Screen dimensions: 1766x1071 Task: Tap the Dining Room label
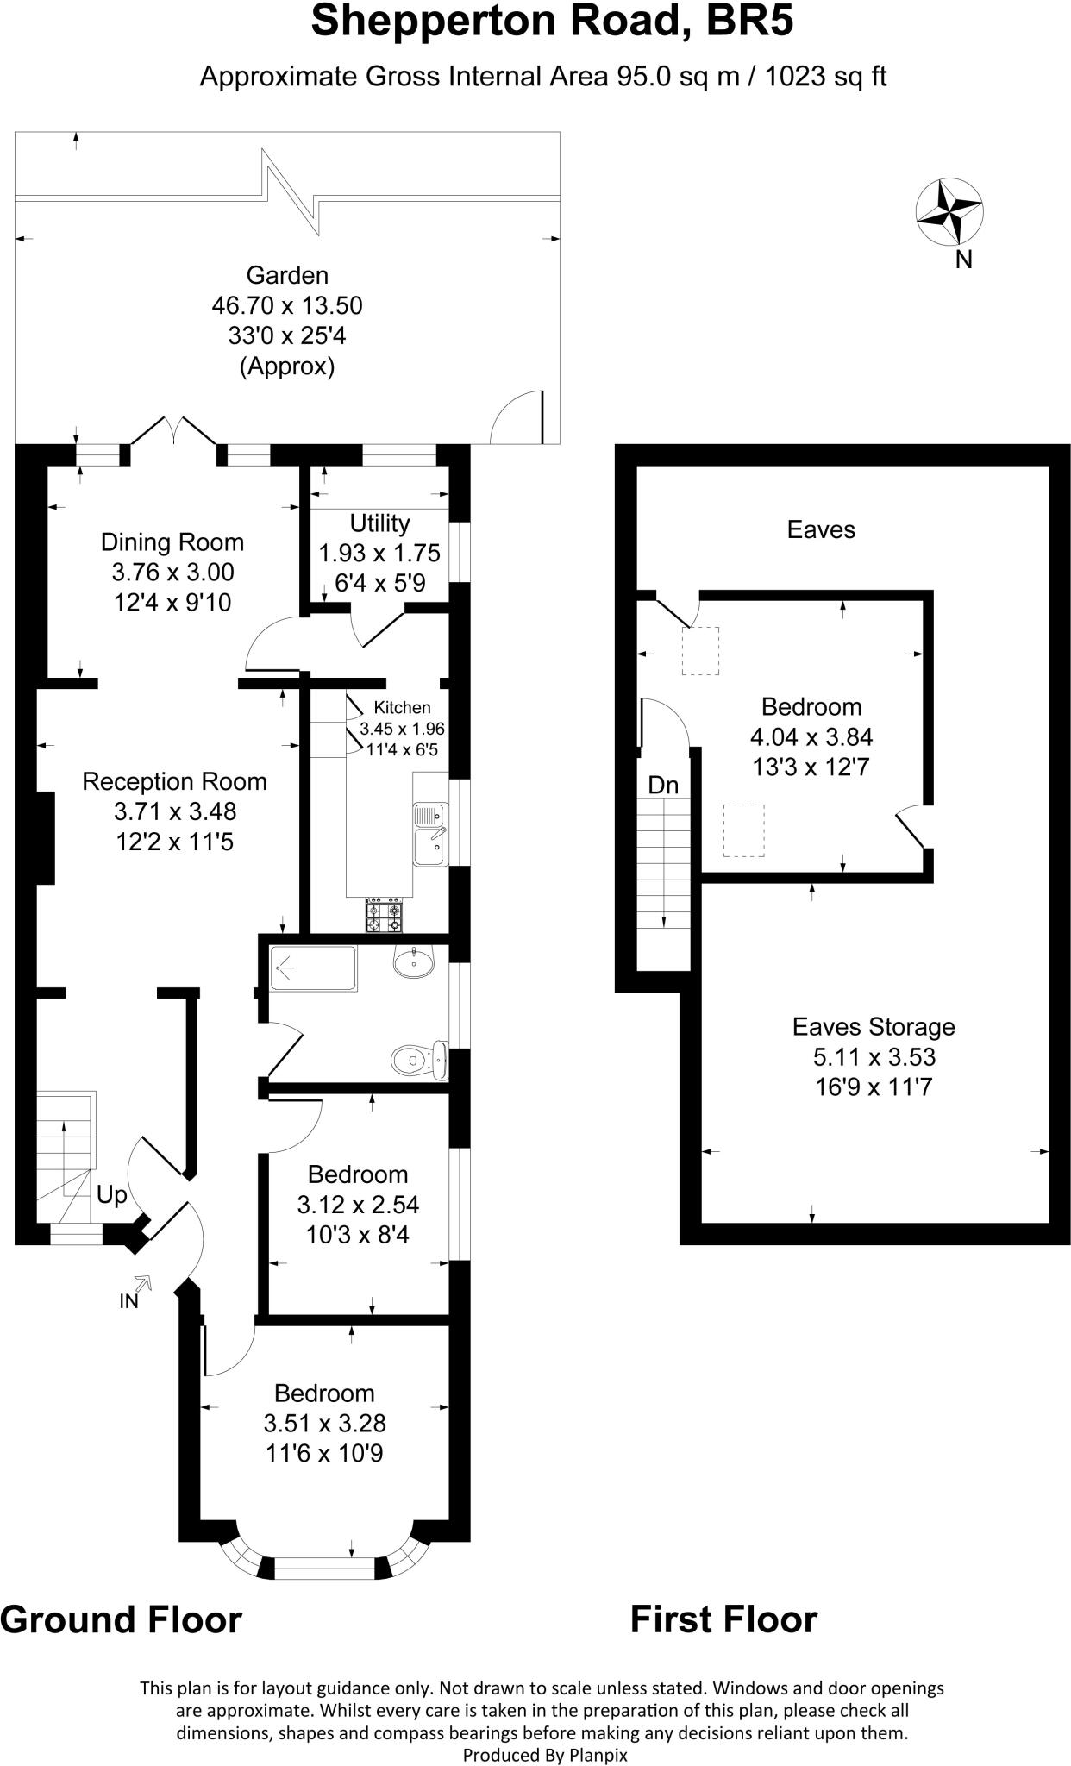[x=172, y=542]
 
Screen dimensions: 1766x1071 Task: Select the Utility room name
[x=379, y=523]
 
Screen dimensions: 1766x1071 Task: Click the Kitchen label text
[x=402, y=707]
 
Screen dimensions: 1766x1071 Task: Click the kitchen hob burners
[x=385, y=917]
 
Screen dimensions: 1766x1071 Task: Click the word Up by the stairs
[x=112, y=1195]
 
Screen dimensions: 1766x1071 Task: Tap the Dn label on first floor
[x=663, y=786]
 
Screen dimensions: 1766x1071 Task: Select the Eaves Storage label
[x=874, y=1027]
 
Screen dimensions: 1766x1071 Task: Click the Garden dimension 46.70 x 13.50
[x=287, y=305]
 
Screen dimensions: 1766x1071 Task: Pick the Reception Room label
[x=174, y=782]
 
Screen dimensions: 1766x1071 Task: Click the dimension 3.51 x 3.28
[x=324, y=1423]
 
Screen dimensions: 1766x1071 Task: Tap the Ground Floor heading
[x=121, y=1619]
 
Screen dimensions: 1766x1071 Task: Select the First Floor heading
[x=723, y=1619]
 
